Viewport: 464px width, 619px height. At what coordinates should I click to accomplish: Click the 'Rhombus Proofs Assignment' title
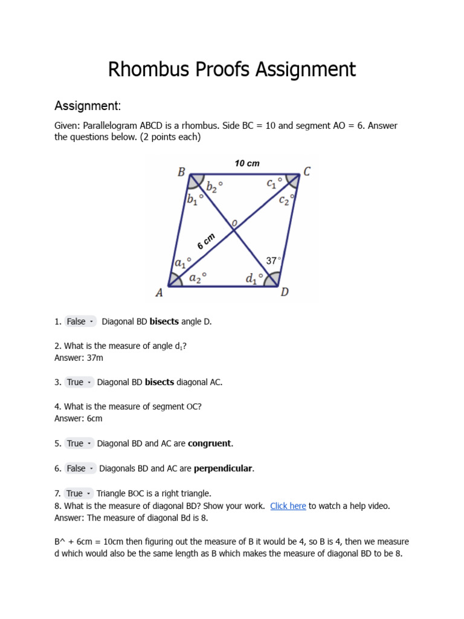coord(232,70)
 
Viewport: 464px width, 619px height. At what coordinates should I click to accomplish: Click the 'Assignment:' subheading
coord(88,106)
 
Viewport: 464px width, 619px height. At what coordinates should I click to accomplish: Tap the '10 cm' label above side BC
coord(246,163)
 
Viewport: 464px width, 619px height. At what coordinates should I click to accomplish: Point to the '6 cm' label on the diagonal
coord(206,242)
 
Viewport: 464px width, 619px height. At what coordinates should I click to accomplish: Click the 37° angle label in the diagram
coord(274,261)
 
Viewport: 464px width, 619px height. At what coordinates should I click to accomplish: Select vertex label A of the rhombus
coord(159,293)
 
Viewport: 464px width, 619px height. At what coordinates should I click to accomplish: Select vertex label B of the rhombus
coord(181,172)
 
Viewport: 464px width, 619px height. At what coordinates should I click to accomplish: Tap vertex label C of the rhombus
coord(307,172)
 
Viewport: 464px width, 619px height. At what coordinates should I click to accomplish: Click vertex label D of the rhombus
coord(285,293)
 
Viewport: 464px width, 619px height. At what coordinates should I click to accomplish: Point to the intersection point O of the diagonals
coord(234,228)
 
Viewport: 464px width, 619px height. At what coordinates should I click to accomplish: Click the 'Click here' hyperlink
coord(288,506)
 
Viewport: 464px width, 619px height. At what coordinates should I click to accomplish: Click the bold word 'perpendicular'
coord(223,468)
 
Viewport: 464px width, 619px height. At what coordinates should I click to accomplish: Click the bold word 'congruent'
coord(210,443)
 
